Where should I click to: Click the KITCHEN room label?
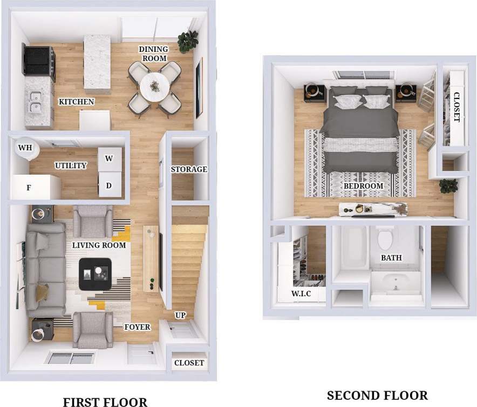76,102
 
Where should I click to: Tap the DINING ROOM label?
153,54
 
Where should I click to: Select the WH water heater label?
24,148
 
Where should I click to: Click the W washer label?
108,158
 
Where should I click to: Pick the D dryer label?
108,186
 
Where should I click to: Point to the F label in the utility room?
29,188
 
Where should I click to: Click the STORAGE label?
189,169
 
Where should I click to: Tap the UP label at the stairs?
180,315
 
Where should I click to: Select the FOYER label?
137,327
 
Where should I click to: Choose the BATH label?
391,258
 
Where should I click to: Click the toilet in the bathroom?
386,238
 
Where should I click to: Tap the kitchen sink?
37,101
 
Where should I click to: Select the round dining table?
154,86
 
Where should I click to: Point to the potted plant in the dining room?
188,40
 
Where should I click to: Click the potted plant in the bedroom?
448,185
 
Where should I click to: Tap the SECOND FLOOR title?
377,396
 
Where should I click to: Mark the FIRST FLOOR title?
105,402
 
